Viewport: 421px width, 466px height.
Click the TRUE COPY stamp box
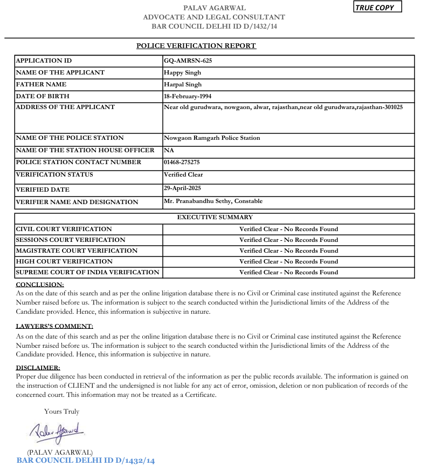point(377,8)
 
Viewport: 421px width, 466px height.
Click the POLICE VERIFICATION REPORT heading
point(196,46)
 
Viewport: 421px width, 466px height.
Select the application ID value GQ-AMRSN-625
point(188,60)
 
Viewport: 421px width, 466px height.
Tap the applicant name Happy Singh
point(182,72)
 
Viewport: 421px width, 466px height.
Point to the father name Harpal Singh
point(183,84)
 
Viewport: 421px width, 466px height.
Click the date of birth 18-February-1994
point(188,96)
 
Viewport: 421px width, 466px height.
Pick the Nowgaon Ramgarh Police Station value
point(212,138)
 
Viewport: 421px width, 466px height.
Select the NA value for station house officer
point(168,150)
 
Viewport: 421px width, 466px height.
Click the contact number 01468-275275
point(182,162)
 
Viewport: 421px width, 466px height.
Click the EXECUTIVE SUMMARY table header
point(215,217)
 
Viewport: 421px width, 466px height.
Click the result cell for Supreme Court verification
point(288,272)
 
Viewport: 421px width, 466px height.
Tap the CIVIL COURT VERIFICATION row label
point(64,229)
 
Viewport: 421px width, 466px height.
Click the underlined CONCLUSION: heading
point(40,284)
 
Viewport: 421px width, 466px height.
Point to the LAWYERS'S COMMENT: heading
point(54,326)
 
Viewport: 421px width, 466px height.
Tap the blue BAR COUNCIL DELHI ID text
point(86,461)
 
